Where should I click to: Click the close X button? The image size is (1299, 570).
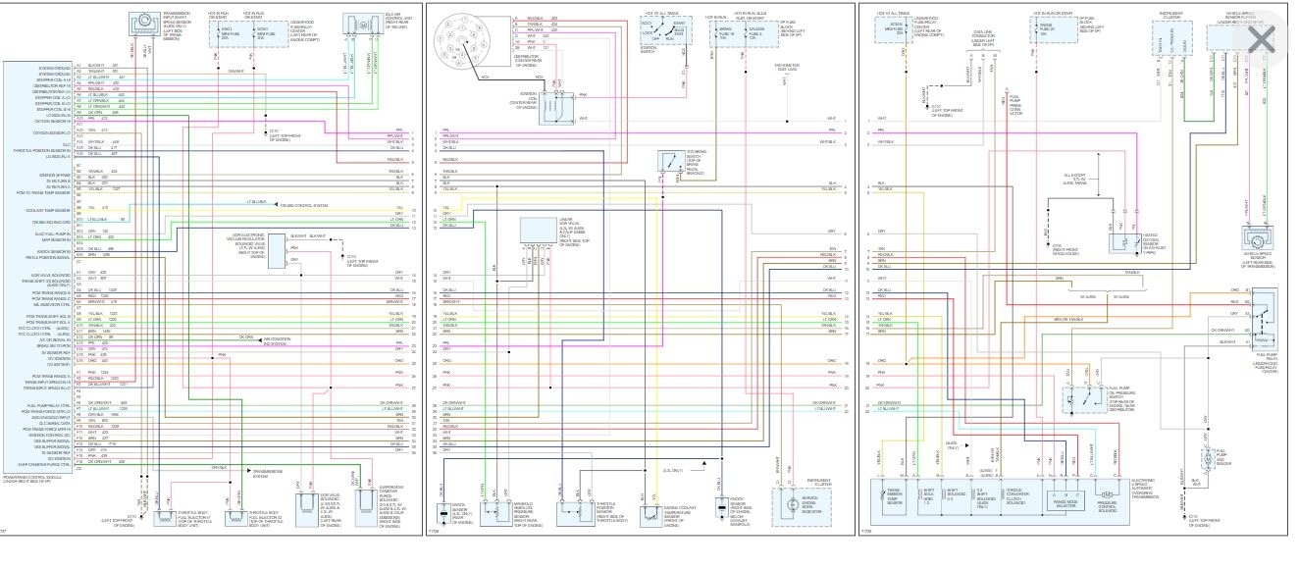(x=1259, y=40)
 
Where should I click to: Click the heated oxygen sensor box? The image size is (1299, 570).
(x=1121, y=238)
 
